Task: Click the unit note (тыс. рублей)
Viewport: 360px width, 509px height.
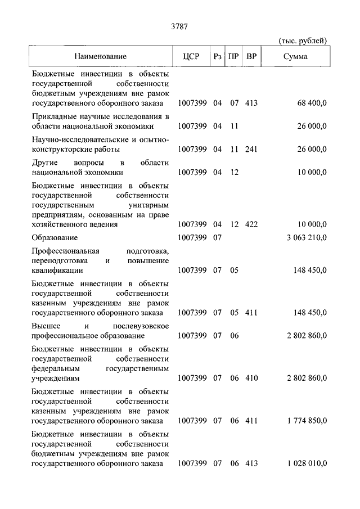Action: pyautogui.click(x=303, y=40)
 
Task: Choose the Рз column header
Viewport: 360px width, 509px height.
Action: pyautogui.click(x=218, y=56)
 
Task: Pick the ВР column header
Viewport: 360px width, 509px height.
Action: pyautogui.click(x=251, y=56)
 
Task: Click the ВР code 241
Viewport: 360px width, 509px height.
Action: pyautogui.click(x=251, y=149)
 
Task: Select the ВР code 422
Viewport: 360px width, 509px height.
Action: pyautogui.click(x=251, y=224)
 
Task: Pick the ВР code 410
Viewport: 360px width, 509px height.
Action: pyautogui.click(x=251, y=378)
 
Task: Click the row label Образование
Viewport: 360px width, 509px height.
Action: pyautogui.click(x=55, y=237)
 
